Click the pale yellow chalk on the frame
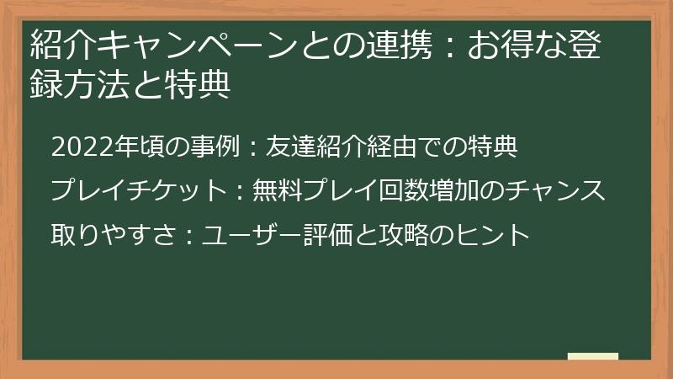pyautogui.click(x=593, y=356)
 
